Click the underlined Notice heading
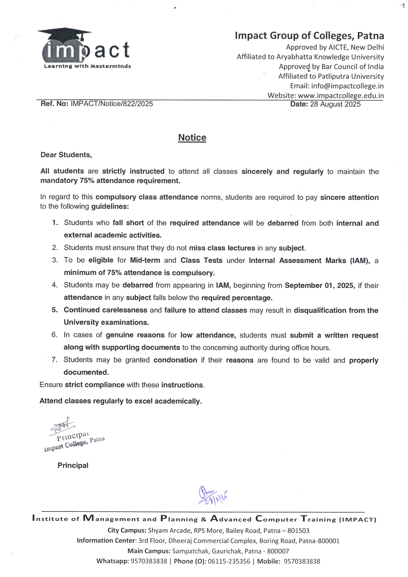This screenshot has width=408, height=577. pos(192,138)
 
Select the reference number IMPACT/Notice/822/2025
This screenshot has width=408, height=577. pos(112,104)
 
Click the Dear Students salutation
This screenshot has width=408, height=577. pos(66,155)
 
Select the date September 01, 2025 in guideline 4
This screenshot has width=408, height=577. pos(319,285)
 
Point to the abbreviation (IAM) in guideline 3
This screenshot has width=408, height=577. pos(360,261)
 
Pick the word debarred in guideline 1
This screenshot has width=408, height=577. pos(283,223)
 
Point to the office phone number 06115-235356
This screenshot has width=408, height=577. pos(229,561)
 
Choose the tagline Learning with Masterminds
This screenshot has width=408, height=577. pos(87,66)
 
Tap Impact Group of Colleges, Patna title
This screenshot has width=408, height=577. pos(309,36)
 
